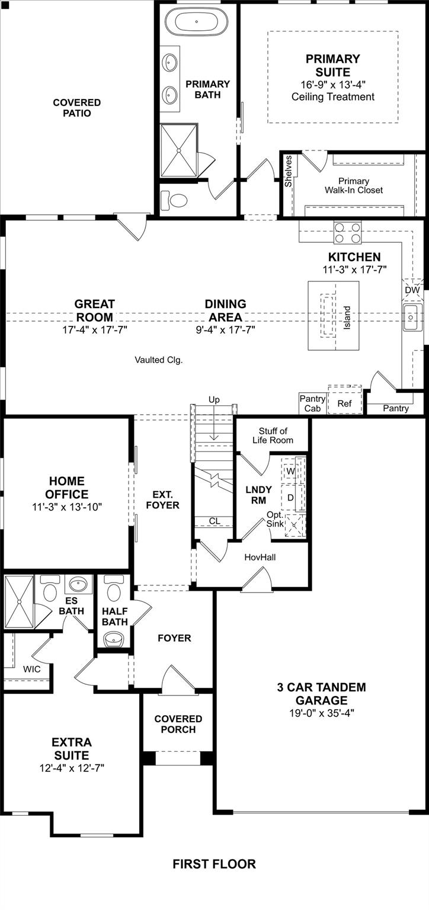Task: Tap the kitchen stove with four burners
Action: pos(348,232)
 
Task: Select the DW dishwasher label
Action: pos(412,290)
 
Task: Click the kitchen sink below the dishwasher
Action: pos(412,318)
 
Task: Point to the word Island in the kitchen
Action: pos(347,318)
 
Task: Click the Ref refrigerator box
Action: pos(344,403)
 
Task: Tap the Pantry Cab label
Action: pos(312,403)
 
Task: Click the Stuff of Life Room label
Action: pos(273,435)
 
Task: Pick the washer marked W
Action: pos(290,471)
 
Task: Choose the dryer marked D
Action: pos(290,498)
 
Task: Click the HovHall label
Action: pos(260,557)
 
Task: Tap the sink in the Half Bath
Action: pos(113,639)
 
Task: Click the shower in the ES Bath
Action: pos(19,601)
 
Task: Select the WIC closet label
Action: pos(32,668)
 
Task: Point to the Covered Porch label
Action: pos(178,724)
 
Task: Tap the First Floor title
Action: pos(214,864)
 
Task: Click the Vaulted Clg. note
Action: pos(158,360)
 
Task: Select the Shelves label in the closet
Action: pos(289,171)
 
